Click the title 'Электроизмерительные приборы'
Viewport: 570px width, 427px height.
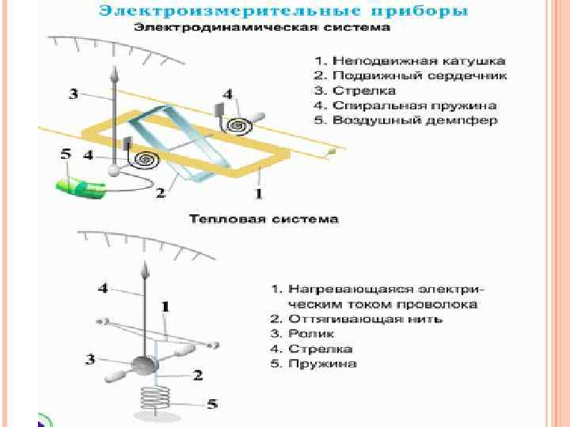283,12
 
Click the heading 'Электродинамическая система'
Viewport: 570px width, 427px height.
262,28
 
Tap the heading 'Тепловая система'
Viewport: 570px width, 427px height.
264,218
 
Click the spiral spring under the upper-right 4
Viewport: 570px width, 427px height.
238,126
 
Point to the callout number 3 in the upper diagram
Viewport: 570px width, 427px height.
73,94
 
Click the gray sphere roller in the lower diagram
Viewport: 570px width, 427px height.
143,365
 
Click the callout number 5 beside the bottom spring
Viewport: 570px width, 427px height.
212,404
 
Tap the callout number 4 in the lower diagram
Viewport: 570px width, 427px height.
103,289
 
